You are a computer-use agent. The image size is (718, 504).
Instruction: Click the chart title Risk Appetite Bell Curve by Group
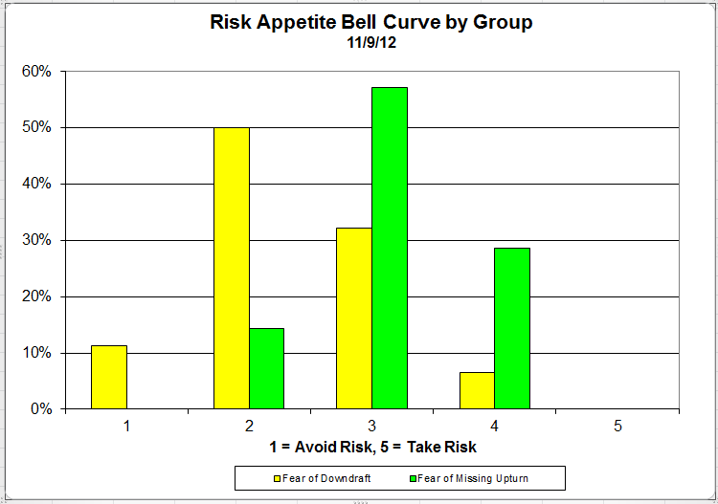coord(371,22)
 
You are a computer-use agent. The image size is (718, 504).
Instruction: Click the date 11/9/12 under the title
coord(371,42)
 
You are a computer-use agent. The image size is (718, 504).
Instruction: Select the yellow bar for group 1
coord(109,377)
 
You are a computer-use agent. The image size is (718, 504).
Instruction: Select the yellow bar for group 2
coord(232,268)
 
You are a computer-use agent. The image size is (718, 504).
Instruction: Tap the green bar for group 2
coord(266,368)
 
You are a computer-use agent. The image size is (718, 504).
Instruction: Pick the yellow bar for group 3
coord(354,318)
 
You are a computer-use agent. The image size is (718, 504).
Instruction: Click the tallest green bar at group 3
coord(390,248)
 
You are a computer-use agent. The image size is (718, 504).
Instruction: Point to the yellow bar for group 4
coord(477,390)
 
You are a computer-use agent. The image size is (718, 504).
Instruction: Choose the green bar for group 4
coord(512,328)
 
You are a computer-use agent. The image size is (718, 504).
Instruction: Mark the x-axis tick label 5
coord(617,426)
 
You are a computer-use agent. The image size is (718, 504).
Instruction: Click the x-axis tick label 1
coord(126,426)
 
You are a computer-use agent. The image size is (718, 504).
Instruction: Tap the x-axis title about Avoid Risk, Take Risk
coord(372,447)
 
